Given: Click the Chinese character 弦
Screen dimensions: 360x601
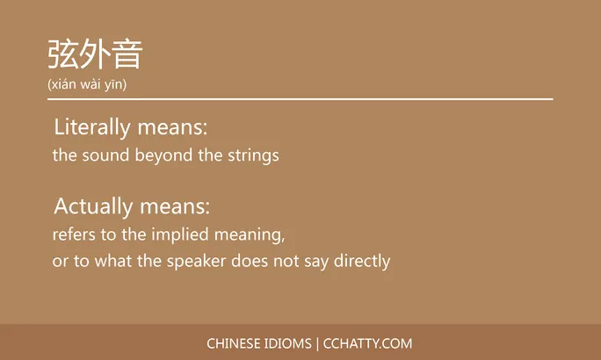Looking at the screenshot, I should pyautogui.click(x=63, y=54).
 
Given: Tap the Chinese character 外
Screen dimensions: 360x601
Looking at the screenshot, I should pyautogui.click(x=95, y=54).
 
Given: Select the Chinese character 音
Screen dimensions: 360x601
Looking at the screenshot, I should pyautogui.click(x=127, y=54).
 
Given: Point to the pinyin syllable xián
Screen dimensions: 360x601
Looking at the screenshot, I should pyautogui.click(x=66, y=84).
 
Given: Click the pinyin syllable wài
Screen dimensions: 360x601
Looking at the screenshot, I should pyautogui.click(x=96, y=84).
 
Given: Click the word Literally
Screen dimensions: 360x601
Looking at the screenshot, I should pyautogui.click(x=91, y=127).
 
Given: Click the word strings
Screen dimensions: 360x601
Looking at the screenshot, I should pyautogui.click(x=252, y=156).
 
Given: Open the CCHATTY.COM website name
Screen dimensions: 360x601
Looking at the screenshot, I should pyautogui.click(x=368, y=343).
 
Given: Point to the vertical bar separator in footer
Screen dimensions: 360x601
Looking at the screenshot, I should pyautogui.click(x=317, y=343).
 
